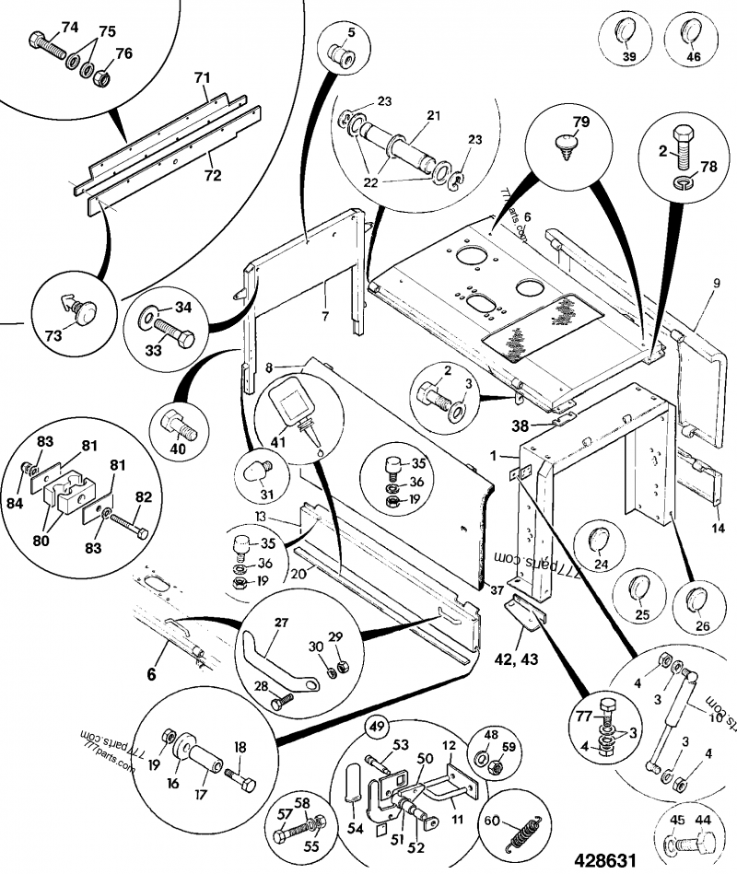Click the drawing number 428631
(605, 859)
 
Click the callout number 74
(70, 25)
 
